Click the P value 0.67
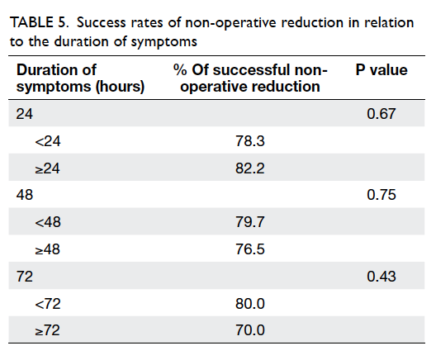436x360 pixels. [381, 114]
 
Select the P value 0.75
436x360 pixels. [381, 195]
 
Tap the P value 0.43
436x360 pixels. [381, 277]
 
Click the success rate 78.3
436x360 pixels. [250, 141]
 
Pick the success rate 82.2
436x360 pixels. [250, 168]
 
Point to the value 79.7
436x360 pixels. [250, 222]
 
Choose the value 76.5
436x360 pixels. [250, 249]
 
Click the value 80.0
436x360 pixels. [250, 304]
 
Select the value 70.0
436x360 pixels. [250, 330]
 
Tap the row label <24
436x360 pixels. [48, 141]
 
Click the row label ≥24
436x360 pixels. [48, 168]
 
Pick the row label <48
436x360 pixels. [48, 222]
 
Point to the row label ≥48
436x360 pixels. [48, 249]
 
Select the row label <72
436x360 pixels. [48, 304]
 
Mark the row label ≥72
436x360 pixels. [48, 330]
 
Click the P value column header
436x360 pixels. [381, 70]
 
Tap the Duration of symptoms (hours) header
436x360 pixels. [80, 78]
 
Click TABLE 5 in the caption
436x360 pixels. [39, 22]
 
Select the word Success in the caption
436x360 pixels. [102, 22]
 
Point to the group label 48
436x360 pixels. [25, 195]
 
